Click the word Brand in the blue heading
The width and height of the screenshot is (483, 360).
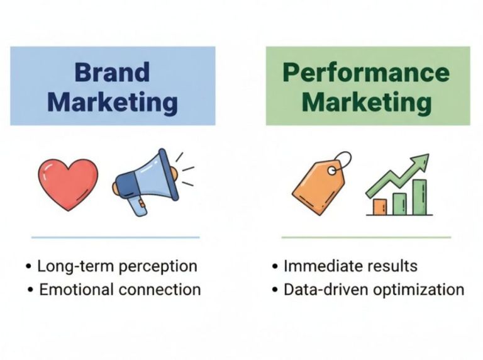point(112,72)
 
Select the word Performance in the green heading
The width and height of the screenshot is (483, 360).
point(367,73)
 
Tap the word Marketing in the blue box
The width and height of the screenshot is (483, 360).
point(112,102)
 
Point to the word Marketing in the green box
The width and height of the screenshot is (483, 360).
point(367,102)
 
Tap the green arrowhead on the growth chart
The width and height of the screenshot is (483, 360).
point(420,160)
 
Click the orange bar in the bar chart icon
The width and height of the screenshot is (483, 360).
point(380,206)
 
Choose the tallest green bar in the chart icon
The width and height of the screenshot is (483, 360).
point(419,197)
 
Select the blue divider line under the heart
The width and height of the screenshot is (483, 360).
point(115,237)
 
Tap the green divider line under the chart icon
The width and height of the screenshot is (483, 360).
point(366,237)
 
